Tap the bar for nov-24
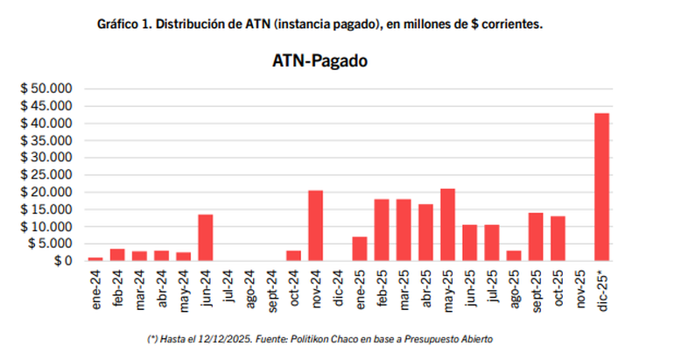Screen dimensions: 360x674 pyautogui.click(x=316, y=225)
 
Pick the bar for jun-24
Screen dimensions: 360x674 pyautogui.click(x=206, y=237)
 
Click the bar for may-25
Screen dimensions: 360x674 pyautogui.click(x=448, y=224)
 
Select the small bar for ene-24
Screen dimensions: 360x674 pyautogui.click(x=95, y=258)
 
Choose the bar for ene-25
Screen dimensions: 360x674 pyautogui.click(x=360, y=249)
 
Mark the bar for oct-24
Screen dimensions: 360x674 pyautogui.click(x=294, y=256)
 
